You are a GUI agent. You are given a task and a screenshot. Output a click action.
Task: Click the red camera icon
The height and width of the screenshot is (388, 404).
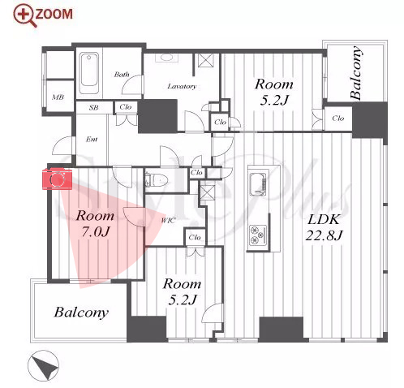57,179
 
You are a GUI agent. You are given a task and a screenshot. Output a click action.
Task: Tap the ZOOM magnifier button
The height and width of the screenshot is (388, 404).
43,15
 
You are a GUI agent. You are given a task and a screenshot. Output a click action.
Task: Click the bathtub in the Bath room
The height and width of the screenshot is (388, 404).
89,73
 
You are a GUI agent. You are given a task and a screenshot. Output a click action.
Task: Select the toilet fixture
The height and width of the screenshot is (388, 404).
157,179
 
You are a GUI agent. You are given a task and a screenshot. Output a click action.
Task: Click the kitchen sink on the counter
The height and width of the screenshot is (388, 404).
258,184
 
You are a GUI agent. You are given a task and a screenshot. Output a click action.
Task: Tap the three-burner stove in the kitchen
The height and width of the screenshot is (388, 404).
258,234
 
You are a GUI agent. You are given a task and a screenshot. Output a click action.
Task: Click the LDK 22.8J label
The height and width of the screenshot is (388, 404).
324,226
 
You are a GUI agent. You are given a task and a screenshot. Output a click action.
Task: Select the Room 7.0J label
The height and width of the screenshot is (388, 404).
95,223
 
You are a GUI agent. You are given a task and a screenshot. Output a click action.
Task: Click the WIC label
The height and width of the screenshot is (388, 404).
168,220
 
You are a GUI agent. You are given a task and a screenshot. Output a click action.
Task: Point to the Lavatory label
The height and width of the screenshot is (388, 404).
182,86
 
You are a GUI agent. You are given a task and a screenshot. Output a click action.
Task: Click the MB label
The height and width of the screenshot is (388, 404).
58,97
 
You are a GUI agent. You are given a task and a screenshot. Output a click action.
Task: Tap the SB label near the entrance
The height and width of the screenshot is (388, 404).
93,107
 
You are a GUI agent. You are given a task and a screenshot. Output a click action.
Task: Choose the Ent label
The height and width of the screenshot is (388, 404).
92,139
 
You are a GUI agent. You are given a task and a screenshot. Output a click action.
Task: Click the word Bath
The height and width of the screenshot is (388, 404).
122,74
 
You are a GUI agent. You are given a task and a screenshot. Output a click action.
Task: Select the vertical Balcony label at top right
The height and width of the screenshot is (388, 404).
355,73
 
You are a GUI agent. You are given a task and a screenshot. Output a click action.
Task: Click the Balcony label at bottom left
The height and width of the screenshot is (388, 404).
81,313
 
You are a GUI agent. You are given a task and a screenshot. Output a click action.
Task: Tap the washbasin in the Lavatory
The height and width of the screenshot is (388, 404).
165,58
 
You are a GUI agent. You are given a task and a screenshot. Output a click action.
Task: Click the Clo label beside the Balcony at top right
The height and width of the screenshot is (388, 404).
338,118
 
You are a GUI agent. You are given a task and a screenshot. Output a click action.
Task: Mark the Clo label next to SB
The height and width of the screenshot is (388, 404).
126,106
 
